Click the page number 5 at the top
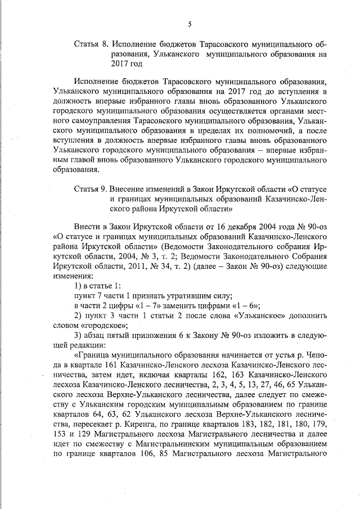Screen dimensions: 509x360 pyautogui.click(x=190, y=23)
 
